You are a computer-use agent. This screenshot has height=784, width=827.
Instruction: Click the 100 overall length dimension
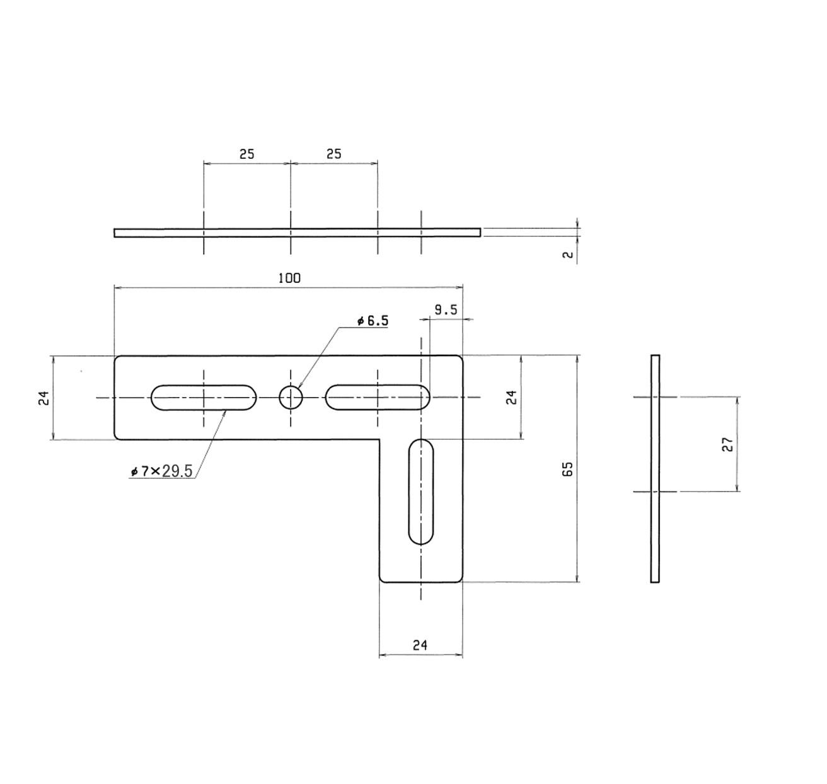[289, 278]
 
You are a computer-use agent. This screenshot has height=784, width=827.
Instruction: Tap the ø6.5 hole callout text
[373, 321]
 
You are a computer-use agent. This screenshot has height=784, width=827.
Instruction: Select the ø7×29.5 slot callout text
[161, 471]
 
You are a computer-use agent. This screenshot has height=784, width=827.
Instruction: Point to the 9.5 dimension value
[446, 310]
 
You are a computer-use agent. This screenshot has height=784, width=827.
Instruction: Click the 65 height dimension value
[567, 468]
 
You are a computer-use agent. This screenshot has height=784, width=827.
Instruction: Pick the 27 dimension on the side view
[727, 444]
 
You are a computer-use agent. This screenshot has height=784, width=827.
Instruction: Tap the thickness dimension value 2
[568, 255]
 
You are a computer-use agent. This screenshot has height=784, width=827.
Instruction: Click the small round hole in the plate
[291, 397]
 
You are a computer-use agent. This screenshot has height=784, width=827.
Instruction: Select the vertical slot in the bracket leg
[420, 492]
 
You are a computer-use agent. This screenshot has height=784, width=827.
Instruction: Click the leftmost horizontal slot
[204, 397]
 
